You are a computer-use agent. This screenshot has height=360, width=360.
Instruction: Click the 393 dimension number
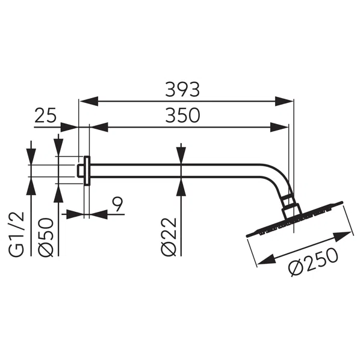[182, 90]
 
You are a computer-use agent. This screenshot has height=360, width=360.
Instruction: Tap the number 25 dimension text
[46, 115]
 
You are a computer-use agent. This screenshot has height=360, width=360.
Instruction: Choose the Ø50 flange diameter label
[47, 236]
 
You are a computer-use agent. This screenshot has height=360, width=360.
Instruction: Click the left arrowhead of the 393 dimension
[86, 101]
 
